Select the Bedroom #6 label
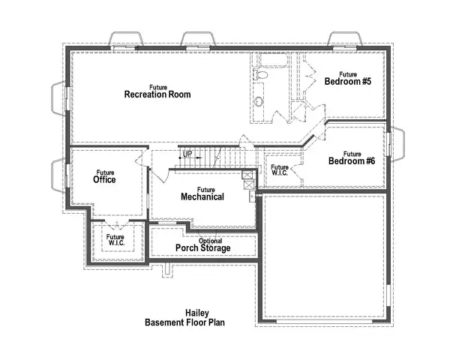click(351, 158)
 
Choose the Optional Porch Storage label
click(203, 245)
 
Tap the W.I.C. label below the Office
click(115, 239)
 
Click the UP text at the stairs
click(188, 154)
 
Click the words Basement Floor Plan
click(184, 322)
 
